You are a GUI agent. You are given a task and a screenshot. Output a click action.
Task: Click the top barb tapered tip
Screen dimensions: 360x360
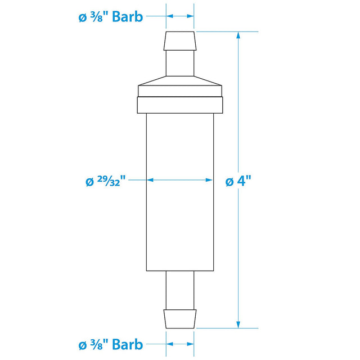click(180, 40)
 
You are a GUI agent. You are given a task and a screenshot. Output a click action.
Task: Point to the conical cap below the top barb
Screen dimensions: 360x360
click(180, 81)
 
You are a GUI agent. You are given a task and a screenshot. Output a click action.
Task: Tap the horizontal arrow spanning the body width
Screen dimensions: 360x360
click(180, 181)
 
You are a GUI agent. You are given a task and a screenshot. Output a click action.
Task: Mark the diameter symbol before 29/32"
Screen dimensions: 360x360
click(89, 182)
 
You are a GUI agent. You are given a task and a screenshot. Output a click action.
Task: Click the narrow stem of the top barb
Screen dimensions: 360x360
click(180, 62)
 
